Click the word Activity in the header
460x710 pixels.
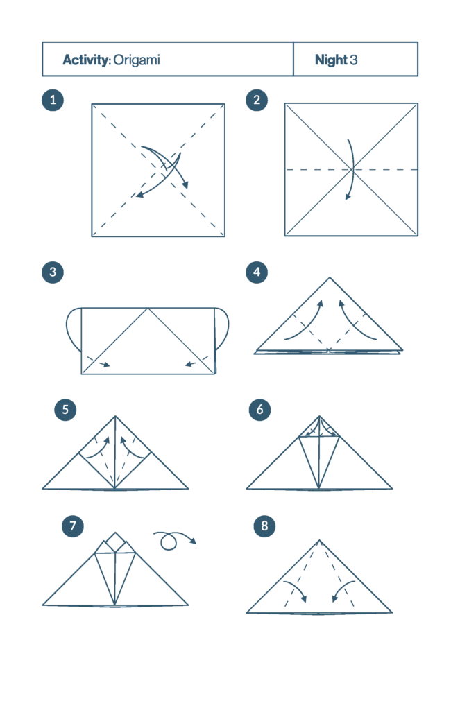85,60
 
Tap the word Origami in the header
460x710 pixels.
137,60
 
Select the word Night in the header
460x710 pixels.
331,60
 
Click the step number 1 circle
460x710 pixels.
53,100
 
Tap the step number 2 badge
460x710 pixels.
257,100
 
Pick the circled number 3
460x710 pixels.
53,272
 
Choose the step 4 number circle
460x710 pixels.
257,272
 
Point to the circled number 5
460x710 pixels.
65,410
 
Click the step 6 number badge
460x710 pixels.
259,410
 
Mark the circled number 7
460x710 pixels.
73,526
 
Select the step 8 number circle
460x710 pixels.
264,526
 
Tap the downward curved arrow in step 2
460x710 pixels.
352,169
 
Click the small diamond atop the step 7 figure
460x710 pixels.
115,542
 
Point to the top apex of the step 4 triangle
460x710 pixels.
330,277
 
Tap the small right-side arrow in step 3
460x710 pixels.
191,363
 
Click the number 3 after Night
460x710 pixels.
353,60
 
